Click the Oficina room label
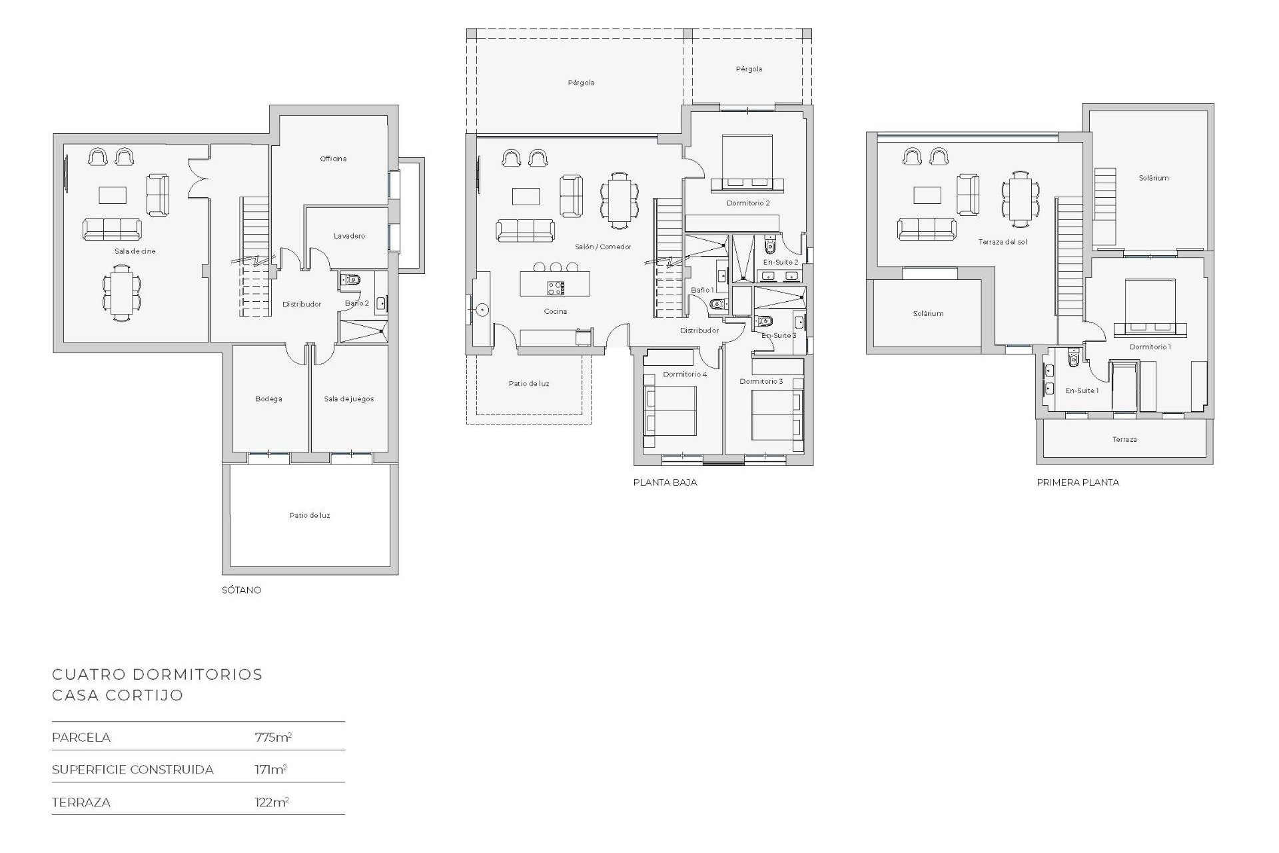[x=333, y=159]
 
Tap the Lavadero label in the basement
[x=349, y=236]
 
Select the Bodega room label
[x=268, y=399]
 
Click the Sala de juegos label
[x=348, y=399]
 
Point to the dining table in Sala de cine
[x=121, y=293]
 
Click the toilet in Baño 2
[x=351, y=280]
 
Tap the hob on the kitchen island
[x=556, y=288]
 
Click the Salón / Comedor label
[x=603, y=247]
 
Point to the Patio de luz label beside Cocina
[x=529, y=384]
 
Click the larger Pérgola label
[x=581, y=83]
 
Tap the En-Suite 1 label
[x=1081, y=391]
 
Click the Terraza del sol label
[x=1002, y=242]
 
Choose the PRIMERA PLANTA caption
[x=1077, y=482]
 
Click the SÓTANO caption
[x=241, y=590]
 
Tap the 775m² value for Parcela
[x=272, y=737]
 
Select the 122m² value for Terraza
[x=271, y=802]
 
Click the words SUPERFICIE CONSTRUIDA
[x=133, y=770]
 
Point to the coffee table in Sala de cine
[x=113, y=195]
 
